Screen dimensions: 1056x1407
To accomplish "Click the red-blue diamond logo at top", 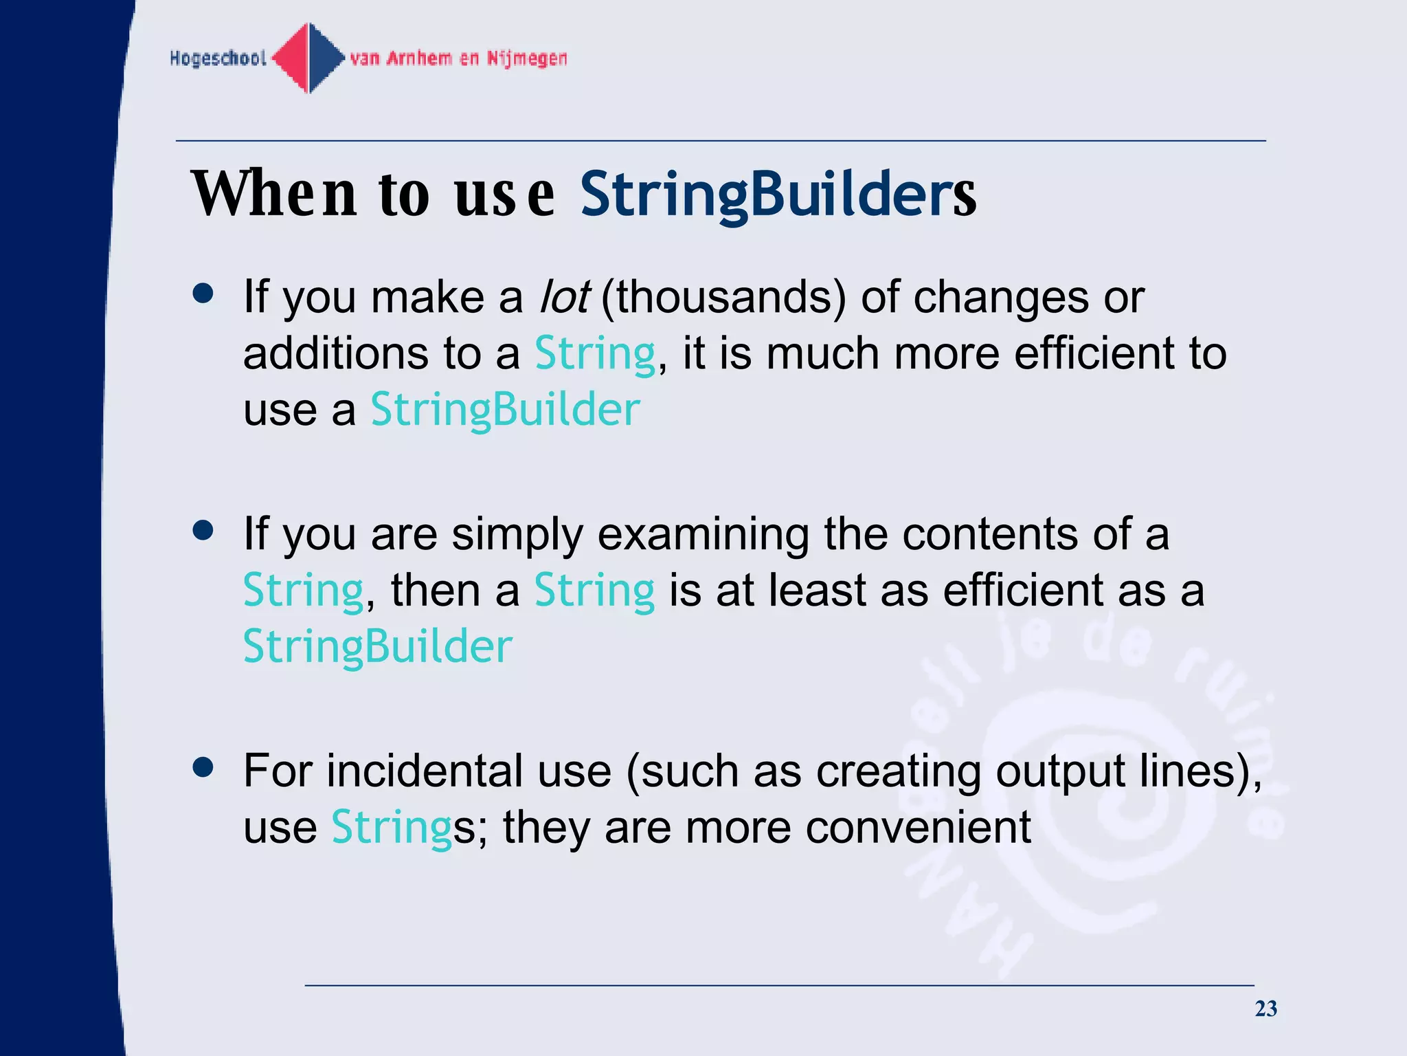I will (309, 58).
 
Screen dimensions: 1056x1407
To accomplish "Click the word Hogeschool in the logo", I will (218, 58).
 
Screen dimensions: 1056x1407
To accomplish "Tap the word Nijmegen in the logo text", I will (527, 58).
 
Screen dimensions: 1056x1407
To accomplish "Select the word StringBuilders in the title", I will (778, 194).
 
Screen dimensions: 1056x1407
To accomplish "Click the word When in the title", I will (274, 194).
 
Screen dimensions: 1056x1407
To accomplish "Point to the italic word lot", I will (564, 297).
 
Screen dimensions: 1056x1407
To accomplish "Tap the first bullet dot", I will (203, 294).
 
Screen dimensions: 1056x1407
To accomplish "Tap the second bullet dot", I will (203, 531).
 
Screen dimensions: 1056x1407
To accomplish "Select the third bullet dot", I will (203, 767).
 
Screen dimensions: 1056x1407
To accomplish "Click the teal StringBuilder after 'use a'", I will (505, 410).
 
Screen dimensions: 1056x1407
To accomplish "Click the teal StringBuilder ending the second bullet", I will (378, 646).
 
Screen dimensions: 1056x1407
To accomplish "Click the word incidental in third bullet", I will (425, 771).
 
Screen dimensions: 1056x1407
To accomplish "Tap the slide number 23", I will (1265, 1009).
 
